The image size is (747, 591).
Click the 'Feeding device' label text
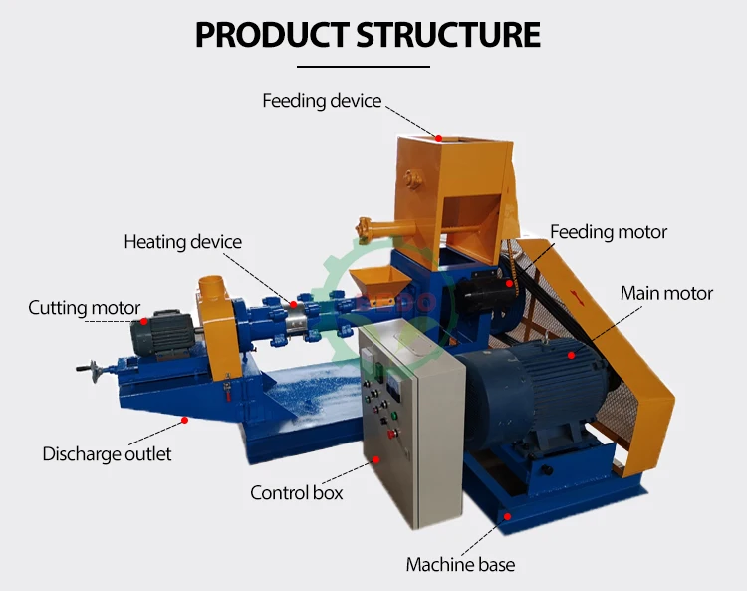pyautogui.click(x=322, y=101)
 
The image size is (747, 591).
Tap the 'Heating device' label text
pyautogui.click(x=183, y=242)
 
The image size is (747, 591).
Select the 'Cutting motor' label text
pyautogui.click(x=85, y=308)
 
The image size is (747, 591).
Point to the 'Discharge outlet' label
pyautogui.click(x=107, y=454)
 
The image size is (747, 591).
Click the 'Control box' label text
pyautogui.click(x=297, y=492)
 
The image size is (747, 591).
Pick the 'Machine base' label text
pyautogui.click(x=460, y=565)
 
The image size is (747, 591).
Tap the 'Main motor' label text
pyautogui.click(x=666, y=294)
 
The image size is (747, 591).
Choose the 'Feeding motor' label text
pyautogui.click(x=609, y=232)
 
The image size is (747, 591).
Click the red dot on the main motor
pyautogui.click(x=572, y=355)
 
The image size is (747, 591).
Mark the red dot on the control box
pyautogui.click(x=375, y=459)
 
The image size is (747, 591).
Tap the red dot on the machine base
pyautogui.click(x=508, y=516)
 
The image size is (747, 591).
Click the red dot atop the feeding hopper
pyautogui.click(x=439, y=138)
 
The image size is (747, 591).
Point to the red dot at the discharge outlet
pyautogui.click(x=185, y=420)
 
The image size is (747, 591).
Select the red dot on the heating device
pyautogui.click(x=294, y=305)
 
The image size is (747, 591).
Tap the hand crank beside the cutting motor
pyautogui.click(x=90, y=371)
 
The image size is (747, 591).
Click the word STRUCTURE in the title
pyautogui.click(x=448, y=35)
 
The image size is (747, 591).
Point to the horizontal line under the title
pyautogui.click(x=364, y=67)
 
